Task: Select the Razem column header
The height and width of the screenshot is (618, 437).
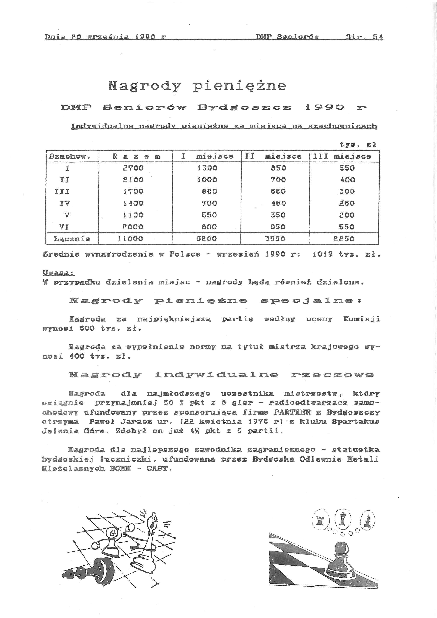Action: (x=136, y=156)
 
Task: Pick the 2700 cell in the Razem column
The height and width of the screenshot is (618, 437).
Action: (x=133, y=168)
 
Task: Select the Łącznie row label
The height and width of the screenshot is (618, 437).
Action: (x=72, y=239)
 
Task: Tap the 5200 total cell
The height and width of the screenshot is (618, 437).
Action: (x=206, y=239)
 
